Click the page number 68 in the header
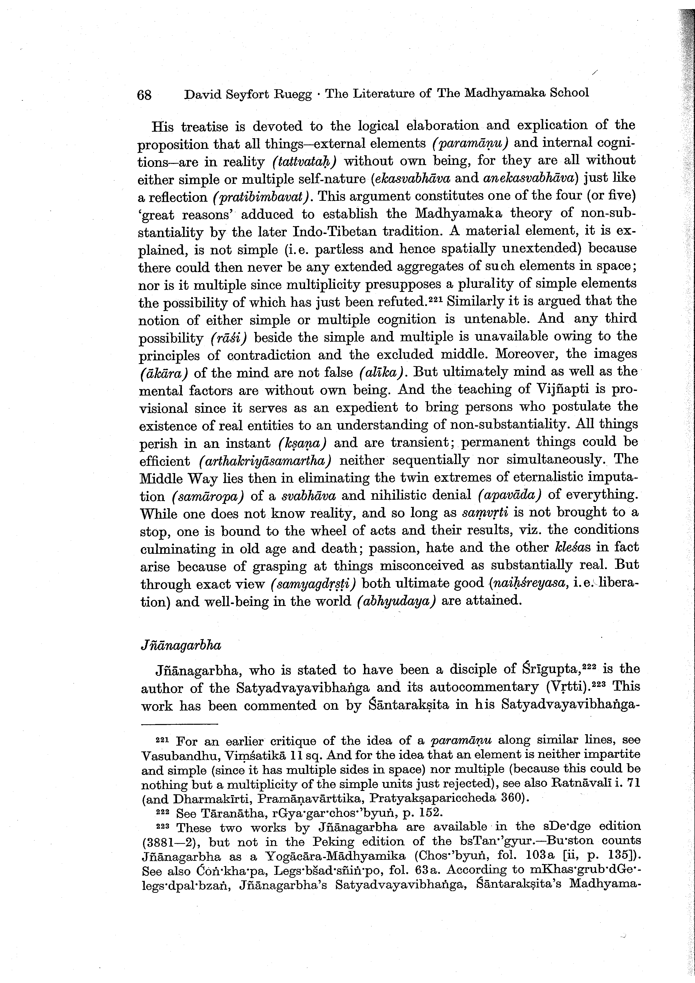point(144,94)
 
